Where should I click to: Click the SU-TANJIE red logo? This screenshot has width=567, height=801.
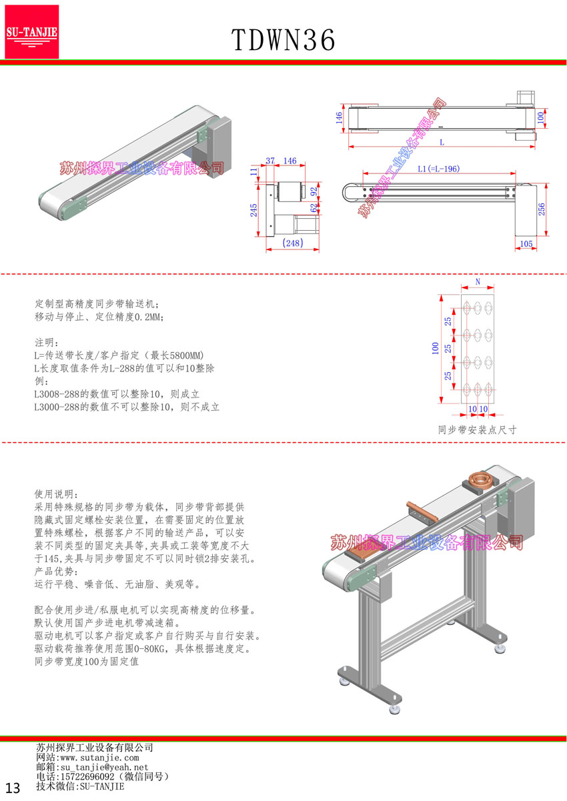pos(32,31)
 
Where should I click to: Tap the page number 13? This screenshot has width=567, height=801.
pos(14,788)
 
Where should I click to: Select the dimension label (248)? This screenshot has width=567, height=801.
pos(293,243)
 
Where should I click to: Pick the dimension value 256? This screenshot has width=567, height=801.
pos(542,209)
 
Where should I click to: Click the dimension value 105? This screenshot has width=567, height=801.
pos(526,244)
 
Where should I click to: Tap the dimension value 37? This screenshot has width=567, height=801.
pos(271,161)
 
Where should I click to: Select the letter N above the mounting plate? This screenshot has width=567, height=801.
pos(478,283)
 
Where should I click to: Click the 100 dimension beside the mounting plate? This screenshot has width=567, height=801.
pos(436,348)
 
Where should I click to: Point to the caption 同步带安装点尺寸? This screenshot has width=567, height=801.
pos(477,430)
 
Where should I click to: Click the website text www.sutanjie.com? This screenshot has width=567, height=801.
pos(99,758)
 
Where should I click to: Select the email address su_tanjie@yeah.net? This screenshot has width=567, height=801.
pos(104,768)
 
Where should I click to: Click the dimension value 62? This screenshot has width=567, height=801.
pos(314,208)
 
